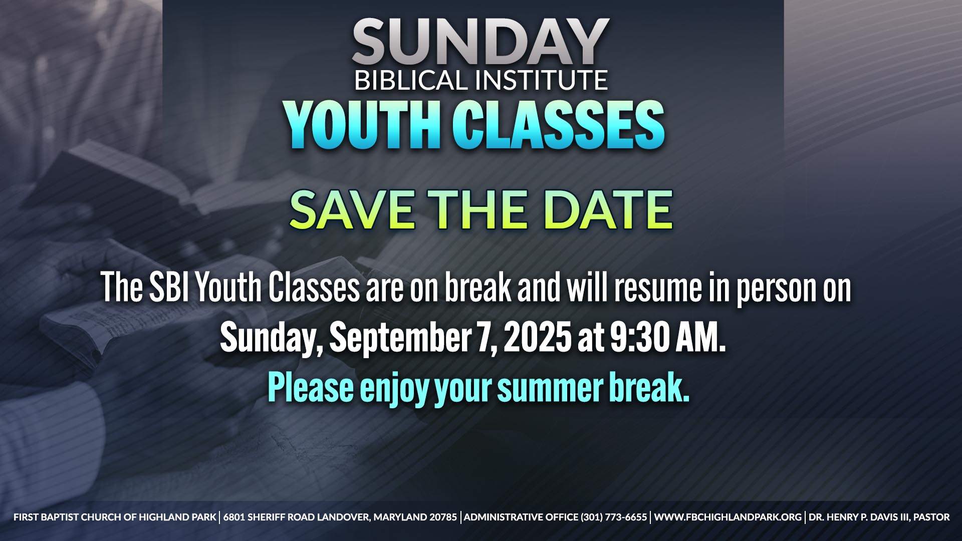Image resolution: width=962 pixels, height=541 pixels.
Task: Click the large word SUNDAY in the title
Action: (x=480, y=42)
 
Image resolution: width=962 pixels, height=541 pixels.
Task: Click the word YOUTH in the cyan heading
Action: (x=363, y=125)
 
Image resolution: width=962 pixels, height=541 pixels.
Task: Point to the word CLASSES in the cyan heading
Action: (x=559, y=125)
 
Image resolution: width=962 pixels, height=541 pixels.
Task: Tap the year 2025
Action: (x=537, y=337)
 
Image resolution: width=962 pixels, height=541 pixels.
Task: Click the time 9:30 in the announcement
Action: (x=639, y=337)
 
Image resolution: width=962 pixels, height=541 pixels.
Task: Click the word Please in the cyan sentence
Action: (x=311, y=388)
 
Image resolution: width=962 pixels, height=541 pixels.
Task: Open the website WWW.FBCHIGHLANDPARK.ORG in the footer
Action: (x=728, y=517)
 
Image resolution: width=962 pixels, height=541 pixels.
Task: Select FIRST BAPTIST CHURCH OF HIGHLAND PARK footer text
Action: (x=115, y=517)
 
